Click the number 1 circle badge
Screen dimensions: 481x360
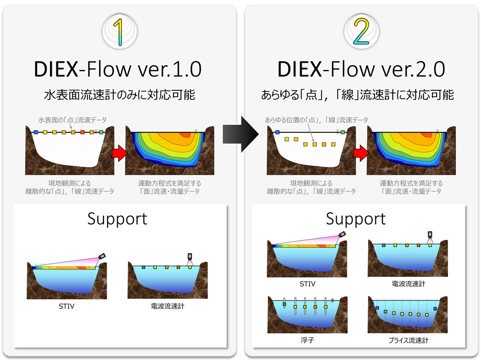120,31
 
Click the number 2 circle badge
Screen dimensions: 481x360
361,31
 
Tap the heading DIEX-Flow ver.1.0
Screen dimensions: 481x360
118,69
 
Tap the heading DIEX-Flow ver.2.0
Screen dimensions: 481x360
361,69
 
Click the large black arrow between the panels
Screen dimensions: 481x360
241,134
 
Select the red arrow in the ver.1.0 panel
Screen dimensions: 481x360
120,153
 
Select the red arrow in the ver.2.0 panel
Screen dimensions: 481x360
361,153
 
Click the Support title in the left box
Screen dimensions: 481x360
117,219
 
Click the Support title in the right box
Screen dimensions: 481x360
356,219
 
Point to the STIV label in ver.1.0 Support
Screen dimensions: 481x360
66,306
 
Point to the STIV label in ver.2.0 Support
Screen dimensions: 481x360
307,284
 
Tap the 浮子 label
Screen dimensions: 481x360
307,340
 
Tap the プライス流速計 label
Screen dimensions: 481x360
408,340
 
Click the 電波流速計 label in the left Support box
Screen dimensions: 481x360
167,306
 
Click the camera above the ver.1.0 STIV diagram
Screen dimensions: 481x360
102,256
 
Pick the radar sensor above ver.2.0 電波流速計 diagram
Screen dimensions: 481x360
430,236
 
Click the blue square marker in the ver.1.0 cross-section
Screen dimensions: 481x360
36,132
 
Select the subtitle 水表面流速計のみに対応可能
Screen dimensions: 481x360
119,95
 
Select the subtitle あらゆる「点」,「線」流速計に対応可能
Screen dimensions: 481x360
358,95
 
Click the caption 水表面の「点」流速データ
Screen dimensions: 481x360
72,120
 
